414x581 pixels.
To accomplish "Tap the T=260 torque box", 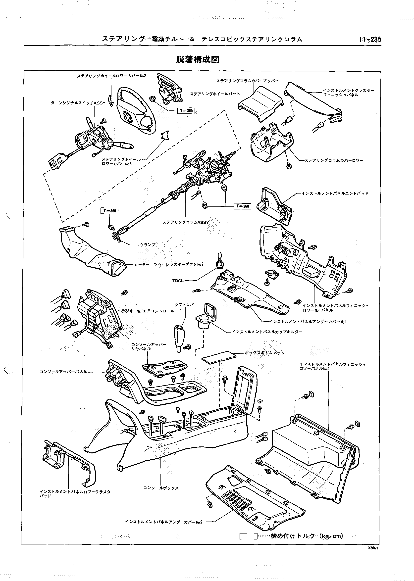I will [x=242, y=206].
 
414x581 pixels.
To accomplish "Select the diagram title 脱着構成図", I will [x=198, y=59].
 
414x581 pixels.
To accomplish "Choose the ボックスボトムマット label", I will [x=264, y=353].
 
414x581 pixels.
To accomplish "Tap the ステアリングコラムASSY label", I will [x=186, y=222].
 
